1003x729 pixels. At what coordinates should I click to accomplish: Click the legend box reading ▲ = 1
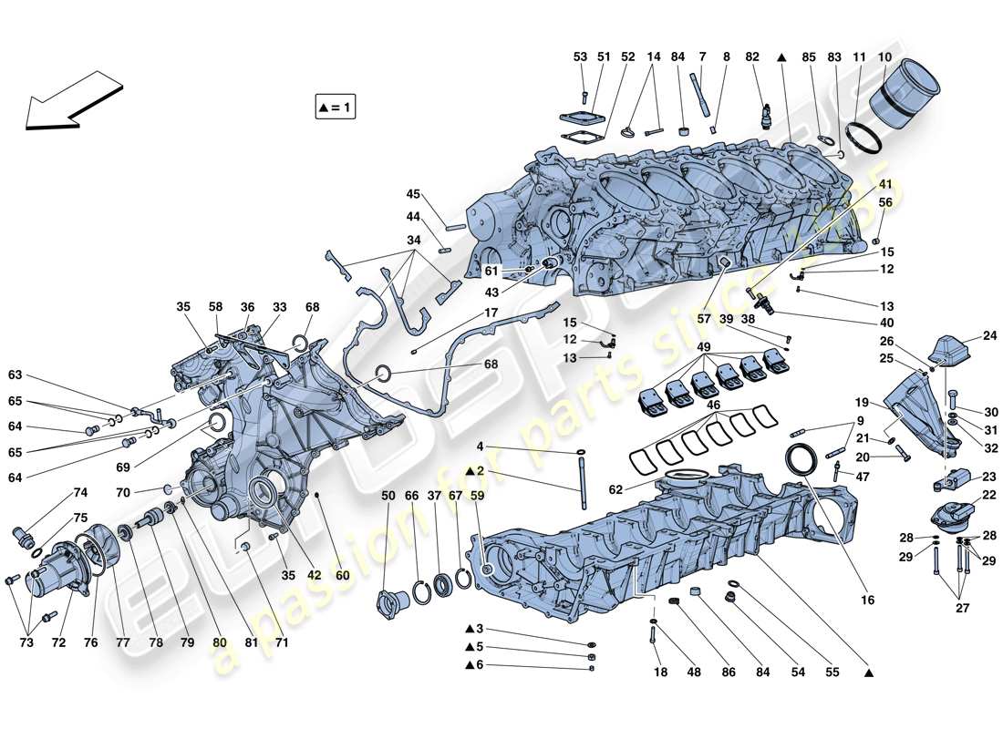coord(334,108)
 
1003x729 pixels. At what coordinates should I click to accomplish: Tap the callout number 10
coord(884,57)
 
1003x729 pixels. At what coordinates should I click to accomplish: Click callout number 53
coord(581,57)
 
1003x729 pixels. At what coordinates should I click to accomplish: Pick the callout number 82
coord(752,57)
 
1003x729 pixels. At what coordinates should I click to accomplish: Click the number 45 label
coord(413,194)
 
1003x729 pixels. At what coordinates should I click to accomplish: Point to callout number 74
coord(80,492)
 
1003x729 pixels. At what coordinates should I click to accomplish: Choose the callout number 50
coord(389,495)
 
